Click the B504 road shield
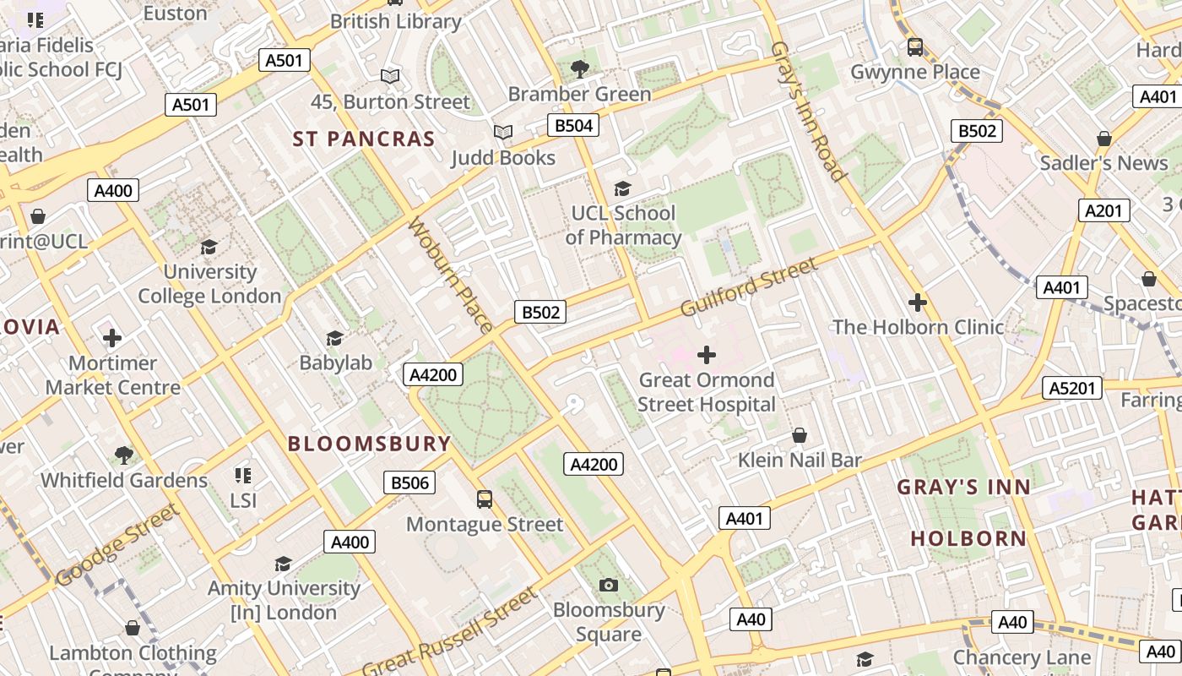pyautogui.click(x=572, y=126)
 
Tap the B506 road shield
pyautogui.click(x=409, y=482)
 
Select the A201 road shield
pyautogui.click(x=1103, y=210)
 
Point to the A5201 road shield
pyautogui.click(x=1072, y=388)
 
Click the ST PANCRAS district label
pyautogui.click(x=364, y=139)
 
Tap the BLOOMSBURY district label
pyautogui.click(x=370, y=444)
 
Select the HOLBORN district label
pyautogui.click(x=968, y=538)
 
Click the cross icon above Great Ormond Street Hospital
pyautogui.click(x=707, y=355)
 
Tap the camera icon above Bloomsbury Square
pyautogui.click(x=609, y=585)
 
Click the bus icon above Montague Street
pyautogui.click(x=485, y=499)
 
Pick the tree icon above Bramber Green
pyautogui.click(x=579, y=68)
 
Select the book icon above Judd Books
pyautogui.click(x=503, y=133)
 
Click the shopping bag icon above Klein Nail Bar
pyautogui.click(x=800, y=435)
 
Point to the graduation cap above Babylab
pyautogui.click(x=335, y=338)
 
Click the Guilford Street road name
pyautogui.click(x=749, y=287)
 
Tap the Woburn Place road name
pyautogui.click(x=450, y=275)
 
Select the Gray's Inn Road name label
pyautogui.click(x=808, y=111)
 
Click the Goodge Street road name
pyautogui.click(x=117, y=545)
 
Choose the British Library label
pyautogui.click(x=396, y=21)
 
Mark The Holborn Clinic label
pyautogui.click(x=918, y=327)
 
